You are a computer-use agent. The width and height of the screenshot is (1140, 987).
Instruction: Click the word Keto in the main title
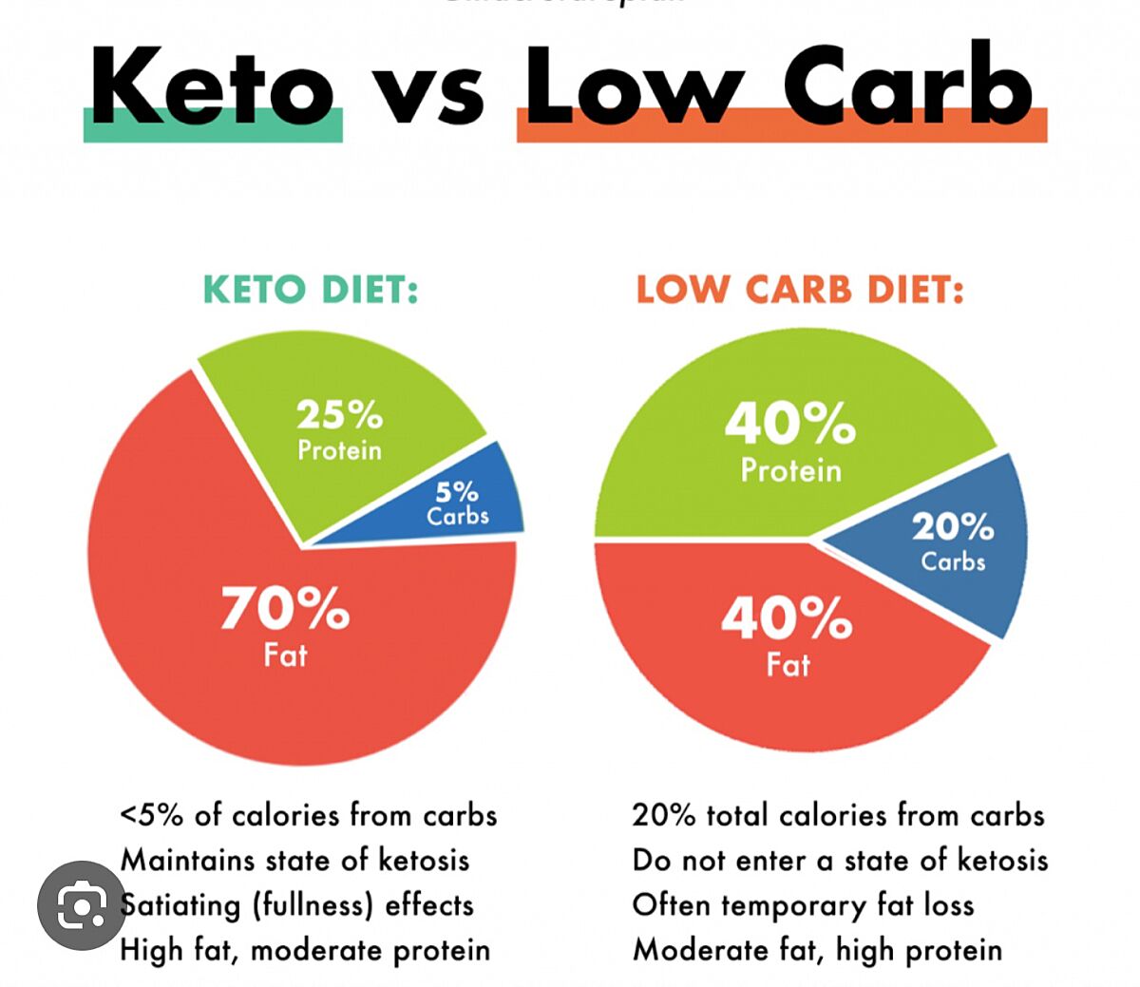(213, 87)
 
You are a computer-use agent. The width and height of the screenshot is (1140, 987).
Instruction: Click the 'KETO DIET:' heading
(311, 290)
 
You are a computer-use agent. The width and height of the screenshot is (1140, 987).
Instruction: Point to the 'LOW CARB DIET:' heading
(800, 290)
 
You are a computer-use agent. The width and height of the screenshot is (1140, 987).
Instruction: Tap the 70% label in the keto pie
(285, 608)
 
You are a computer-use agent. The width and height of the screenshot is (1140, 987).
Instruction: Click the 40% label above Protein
(790, 423)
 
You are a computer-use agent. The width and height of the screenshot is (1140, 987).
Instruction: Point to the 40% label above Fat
(787, 618)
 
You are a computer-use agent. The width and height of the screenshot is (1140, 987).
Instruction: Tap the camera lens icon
(83, 906)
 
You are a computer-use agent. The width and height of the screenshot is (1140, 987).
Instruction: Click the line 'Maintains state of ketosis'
(294, 861)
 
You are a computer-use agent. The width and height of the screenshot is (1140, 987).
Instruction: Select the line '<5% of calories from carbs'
(308, 815)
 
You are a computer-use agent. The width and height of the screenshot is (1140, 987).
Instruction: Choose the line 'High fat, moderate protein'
(305, 950)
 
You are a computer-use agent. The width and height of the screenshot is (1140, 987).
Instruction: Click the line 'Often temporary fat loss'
(803, 905)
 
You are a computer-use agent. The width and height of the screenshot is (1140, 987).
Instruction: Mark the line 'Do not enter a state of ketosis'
(840, 861)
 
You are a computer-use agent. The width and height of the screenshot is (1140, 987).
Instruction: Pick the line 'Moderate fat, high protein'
(817, 950)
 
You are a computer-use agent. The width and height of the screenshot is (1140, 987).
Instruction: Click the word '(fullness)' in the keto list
(313, 905)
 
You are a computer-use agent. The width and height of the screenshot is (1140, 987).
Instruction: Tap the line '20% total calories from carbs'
(838, 815)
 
